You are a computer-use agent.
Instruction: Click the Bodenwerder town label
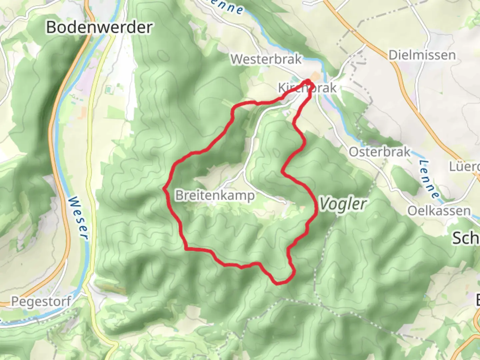(99, 27)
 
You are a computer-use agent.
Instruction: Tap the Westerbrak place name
(266, 59)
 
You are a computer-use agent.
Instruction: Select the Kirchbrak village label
(307, 88)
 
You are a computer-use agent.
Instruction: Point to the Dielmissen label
(422, 55)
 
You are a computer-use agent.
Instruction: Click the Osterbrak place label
(380, 152)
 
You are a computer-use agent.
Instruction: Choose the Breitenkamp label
(215, 195)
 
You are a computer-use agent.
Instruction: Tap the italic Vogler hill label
(343, 204)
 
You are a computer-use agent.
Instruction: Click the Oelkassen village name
(439, 211)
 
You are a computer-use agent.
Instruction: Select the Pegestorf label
(41, 302)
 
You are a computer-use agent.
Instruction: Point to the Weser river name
(78, 217)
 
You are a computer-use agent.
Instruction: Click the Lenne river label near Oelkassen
(429, 179)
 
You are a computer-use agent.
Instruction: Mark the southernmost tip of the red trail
(278, 284)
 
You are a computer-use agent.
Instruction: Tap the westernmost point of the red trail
(164, 189)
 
